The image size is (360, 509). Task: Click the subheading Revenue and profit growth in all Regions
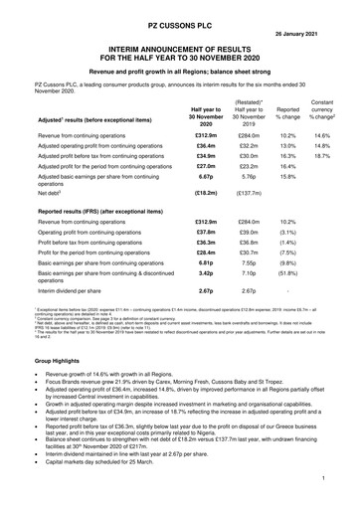[x=180, y=71]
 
